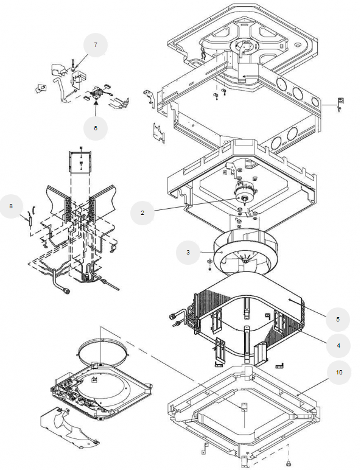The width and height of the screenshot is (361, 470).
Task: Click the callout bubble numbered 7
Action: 96,45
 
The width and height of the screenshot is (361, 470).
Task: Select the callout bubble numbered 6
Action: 96,128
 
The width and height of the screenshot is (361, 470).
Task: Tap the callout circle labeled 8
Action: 11,206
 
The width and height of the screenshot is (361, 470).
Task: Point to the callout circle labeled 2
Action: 142,213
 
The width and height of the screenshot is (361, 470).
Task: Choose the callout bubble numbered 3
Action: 188,253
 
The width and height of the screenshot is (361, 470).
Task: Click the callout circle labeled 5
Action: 338,319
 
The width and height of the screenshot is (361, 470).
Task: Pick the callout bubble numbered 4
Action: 338,346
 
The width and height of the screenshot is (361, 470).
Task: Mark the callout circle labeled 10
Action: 339,372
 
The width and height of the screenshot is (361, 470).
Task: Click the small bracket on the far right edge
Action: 341,103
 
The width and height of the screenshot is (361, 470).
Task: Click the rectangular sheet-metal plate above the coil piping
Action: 81,163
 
